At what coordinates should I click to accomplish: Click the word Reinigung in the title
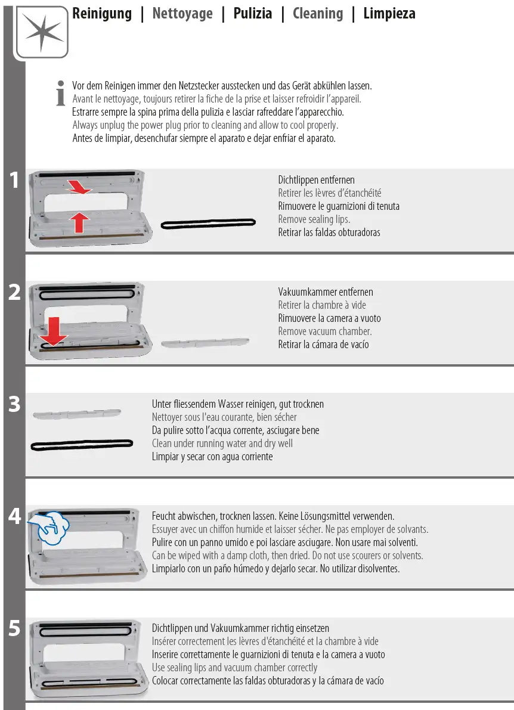102,14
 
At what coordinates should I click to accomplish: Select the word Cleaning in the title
318,14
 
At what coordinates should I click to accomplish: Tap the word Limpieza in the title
389,14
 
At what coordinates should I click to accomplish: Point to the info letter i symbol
60,93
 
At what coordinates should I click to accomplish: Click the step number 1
14,180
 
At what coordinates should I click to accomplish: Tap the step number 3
14,404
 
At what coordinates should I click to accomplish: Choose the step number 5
14,628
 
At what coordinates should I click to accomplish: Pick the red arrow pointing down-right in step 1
79,186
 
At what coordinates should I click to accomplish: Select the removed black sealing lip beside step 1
208,223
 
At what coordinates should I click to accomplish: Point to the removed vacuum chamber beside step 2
205,343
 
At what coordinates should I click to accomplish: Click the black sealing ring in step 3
82,445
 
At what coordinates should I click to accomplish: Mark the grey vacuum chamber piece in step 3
77,414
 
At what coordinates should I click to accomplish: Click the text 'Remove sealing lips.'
314,219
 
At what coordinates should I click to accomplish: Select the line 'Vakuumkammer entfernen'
326,292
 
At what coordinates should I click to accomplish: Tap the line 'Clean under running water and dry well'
222,444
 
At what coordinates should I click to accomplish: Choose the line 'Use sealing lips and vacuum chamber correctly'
234,668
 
